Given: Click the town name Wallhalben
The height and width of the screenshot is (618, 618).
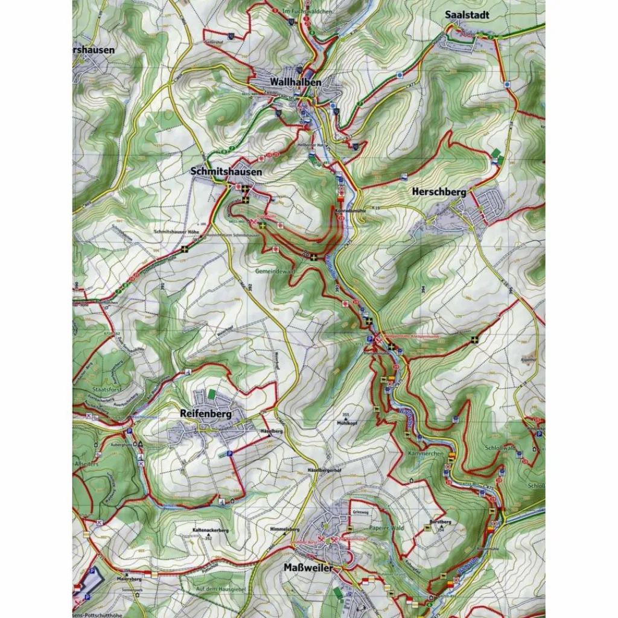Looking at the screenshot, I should pos(295,81).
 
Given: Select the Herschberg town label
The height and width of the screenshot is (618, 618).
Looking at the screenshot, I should pos(439,192).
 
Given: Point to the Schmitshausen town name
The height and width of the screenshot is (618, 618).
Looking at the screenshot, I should pos(226,172).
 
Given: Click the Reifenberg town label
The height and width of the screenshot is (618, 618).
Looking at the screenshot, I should pos(206,414).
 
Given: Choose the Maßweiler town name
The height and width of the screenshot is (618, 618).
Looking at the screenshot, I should pos(308,568).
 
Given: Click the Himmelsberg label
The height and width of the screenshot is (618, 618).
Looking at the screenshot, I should pos(285,529).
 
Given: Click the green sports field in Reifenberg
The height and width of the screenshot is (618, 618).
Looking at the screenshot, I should pos(211,393).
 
